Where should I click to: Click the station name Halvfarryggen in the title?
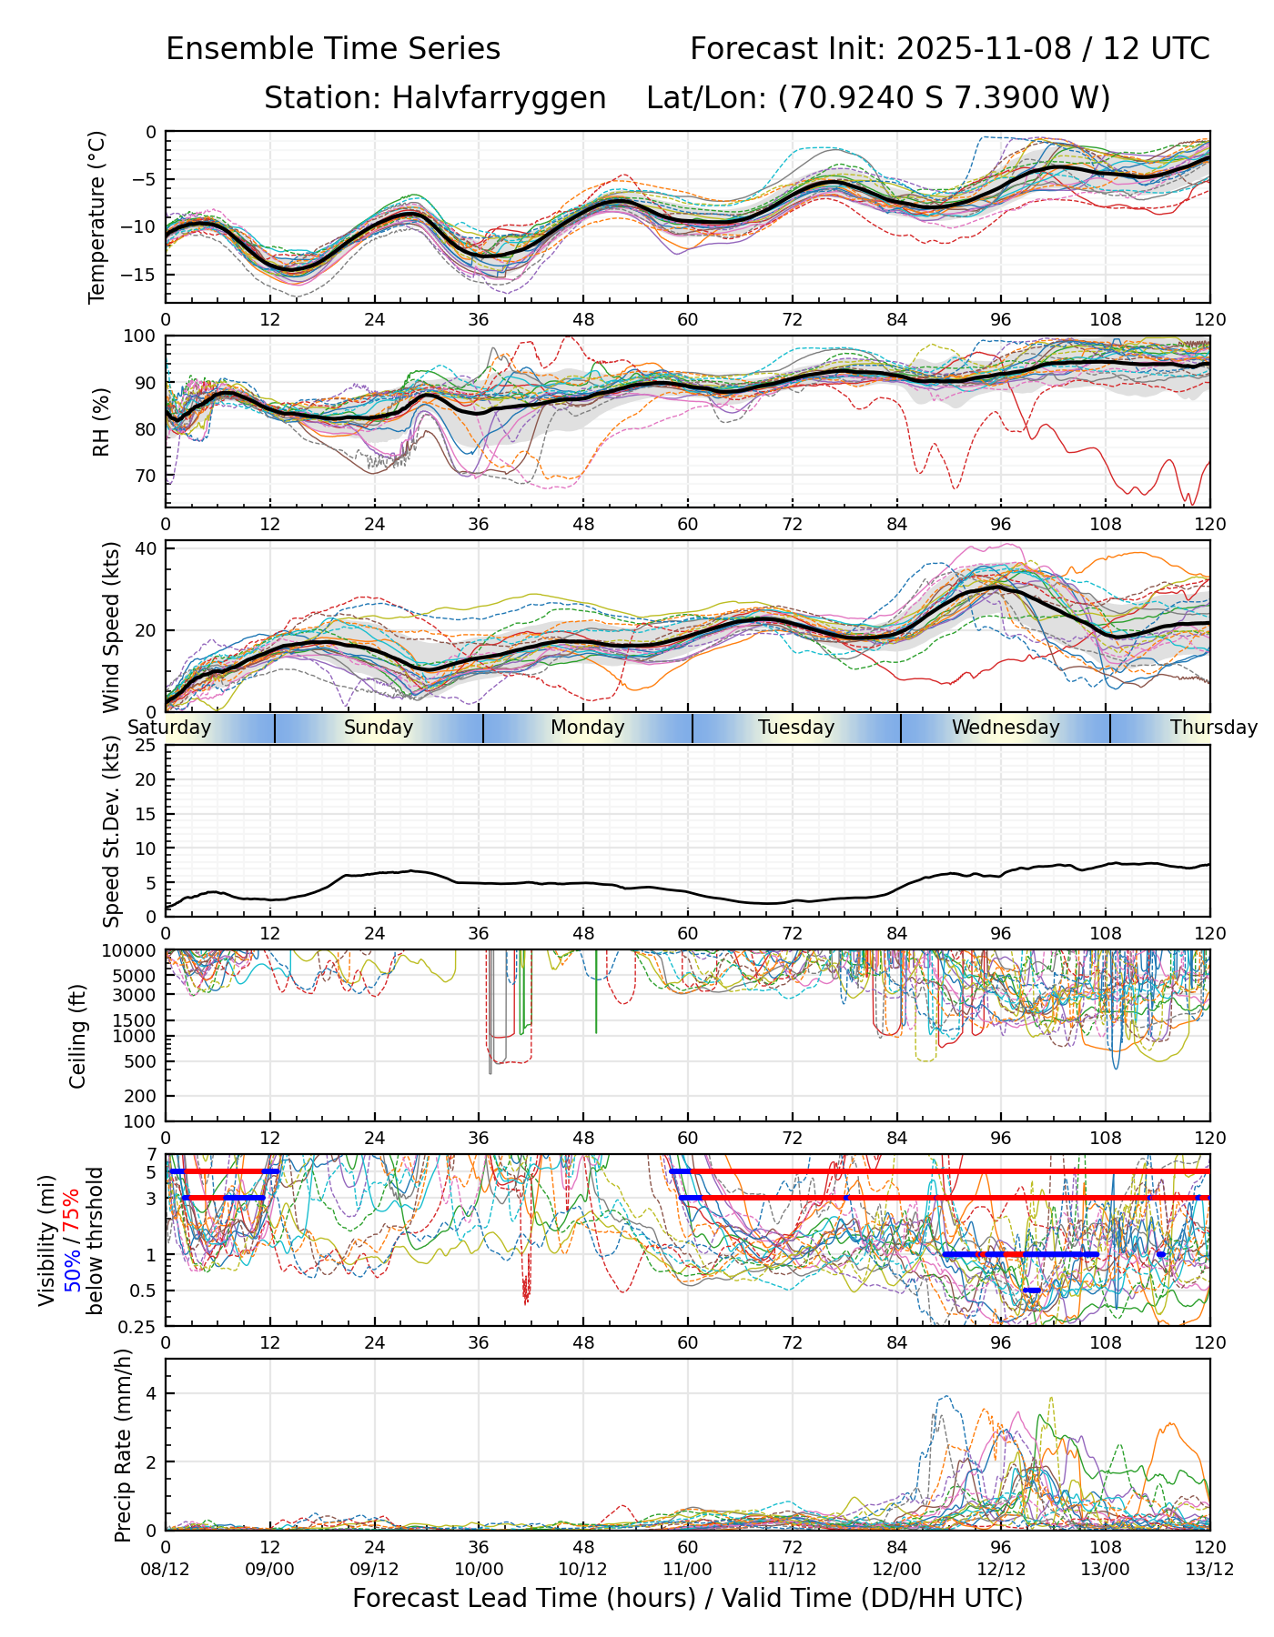coord(499,98)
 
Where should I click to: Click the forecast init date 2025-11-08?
coord(984,49)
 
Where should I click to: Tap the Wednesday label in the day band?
coord(1006,728)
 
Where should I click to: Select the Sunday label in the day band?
coord(379,728)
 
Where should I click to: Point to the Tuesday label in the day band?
coord(796,728)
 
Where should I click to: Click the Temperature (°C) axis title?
coord(97,216)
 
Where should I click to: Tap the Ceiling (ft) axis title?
coord(78,1035)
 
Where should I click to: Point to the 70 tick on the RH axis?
coord(146,476)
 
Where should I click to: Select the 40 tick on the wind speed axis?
coord(146,548)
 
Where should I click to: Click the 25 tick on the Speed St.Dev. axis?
coord(146,746)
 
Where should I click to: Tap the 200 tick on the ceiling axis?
coord(142,1096)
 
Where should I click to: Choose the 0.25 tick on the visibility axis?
coord(138,1325)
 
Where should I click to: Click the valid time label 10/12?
coord(583,1569)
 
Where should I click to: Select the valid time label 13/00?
coord(1106,1569)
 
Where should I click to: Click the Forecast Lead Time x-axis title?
coord(687,1599)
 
